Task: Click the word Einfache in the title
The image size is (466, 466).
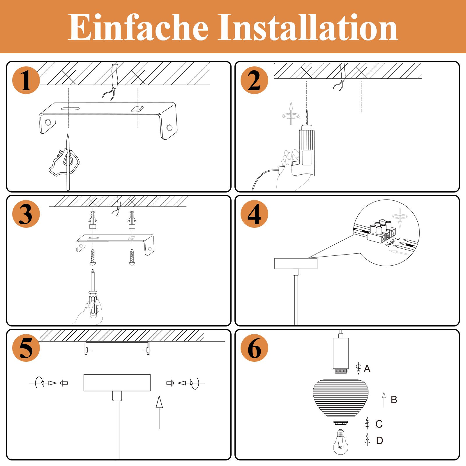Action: [x=138, y=28]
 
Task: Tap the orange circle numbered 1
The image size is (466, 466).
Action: [x=26, y=80]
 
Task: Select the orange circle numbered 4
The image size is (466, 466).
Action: [x=254, y=214]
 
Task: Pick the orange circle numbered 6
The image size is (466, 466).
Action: [x=254, y=348]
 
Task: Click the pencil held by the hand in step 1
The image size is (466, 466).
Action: [x=68, y=163]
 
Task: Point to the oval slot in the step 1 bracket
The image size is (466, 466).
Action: [x=70, y=109]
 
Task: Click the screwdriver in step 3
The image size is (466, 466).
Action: [x=93, y=294]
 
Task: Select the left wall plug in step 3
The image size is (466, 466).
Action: [x=93, y=220]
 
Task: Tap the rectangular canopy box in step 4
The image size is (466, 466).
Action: [x=296, y=264]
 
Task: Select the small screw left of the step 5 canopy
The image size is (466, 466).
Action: [x=64, y=383]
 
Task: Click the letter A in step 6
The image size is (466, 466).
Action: [x=367, y=369]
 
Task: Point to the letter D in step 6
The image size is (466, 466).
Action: [x=379, y=441]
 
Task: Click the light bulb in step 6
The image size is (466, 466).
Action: [x=340, y=443]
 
